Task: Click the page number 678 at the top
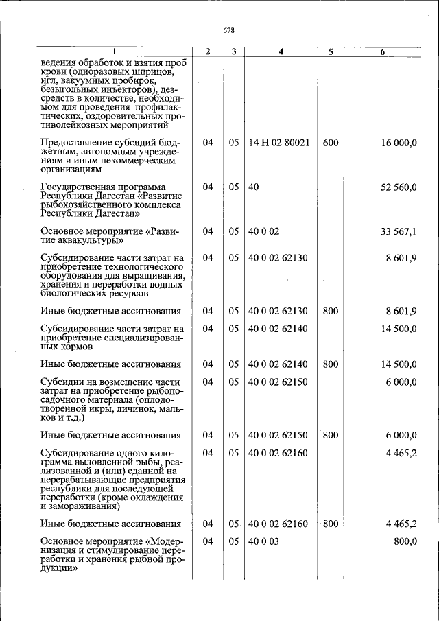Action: pyautogui.click(x=229, y=30)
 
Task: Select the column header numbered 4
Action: pyautogui.click(x=281, y=51)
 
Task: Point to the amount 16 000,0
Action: pyautogui.click(x=399, y=142)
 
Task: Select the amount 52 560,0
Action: pyautogui.click(x=399, y=187)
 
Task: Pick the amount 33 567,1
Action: pyautogui.click(x=399, y=231)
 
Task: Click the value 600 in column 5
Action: pyautogui.click(x=330, y=142)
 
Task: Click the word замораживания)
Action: pyautogui.click(x=80, y=507)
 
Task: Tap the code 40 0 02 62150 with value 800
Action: pyautogui.click(x=278, y=435)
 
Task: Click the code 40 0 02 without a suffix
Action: pyautogui.click(x=263, y=231)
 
